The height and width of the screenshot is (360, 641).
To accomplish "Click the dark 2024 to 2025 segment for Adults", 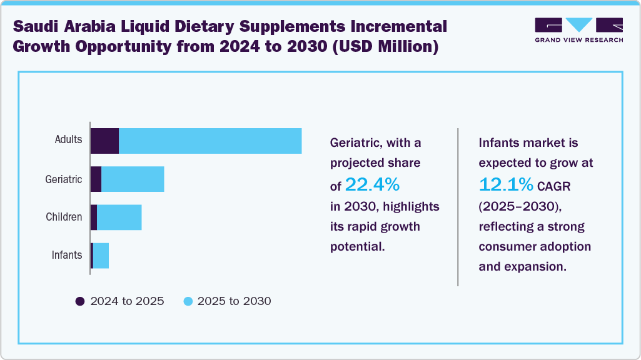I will point(104,141).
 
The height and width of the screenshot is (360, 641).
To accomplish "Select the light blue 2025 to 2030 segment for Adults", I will point(210,141).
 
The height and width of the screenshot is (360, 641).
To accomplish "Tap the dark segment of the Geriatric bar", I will point(96,179).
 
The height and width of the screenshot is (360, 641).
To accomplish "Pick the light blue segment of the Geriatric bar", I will point(133,179).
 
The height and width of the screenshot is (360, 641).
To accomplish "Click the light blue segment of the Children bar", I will point(119,217).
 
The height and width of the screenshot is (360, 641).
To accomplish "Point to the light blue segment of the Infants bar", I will point(101,256).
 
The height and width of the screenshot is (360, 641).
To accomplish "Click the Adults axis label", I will point(68,139).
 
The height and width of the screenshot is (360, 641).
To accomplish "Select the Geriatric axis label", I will point(64,179).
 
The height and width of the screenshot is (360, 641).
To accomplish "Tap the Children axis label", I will point(64,217).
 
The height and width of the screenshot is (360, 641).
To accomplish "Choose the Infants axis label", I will point(66,255).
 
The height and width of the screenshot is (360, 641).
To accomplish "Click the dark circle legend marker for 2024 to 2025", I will point(80,301).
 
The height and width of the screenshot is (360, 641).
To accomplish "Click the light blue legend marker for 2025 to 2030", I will point(188,301).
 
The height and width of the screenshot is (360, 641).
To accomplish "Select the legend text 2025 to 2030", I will point(234,301).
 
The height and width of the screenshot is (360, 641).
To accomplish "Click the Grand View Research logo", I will point(578,30).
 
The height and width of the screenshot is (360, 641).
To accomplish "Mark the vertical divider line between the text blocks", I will point(458,207).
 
